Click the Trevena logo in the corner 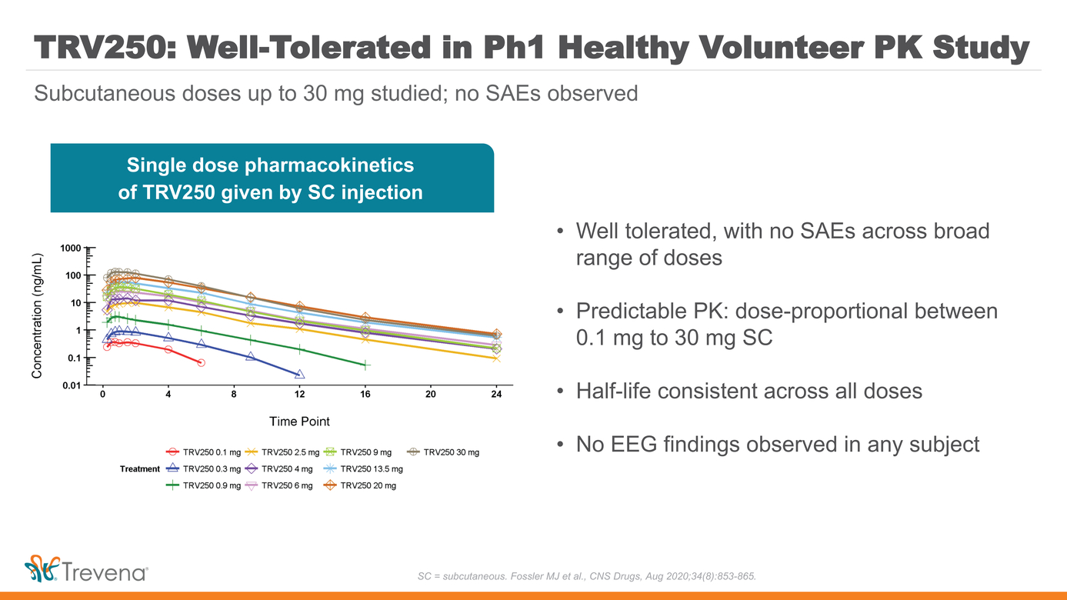click(85, 570)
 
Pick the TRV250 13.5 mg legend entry click(363, 468)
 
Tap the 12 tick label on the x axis click(299, 395)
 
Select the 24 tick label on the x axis click(496, 395)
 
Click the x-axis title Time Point click(299, 422)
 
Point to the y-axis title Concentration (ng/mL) click(37, 316)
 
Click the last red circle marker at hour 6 click(201, 362)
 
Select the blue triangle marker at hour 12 click(299, 375)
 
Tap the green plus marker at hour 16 click(365, 365)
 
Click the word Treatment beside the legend click(140, 468)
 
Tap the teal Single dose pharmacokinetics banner click(271, 178)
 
